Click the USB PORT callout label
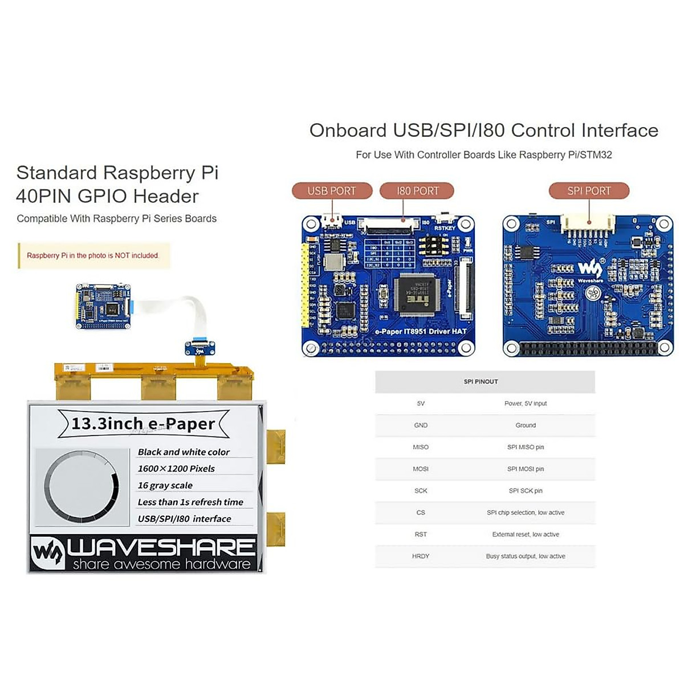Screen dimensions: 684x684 (332, 191)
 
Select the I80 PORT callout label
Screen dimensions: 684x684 (417, 191)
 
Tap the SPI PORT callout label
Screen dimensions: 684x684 (589, 191)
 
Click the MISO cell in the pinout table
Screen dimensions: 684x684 (421, 447)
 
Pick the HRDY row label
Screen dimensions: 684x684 (421, 556)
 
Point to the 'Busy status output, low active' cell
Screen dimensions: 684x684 (526, 556)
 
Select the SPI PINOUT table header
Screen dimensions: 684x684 (481, 381)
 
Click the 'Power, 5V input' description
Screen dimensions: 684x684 (526, 404)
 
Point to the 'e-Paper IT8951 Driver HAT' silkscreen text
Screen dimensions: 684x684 (421, 331)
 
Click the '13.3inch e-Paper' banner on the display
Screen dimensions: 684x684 (143, 424)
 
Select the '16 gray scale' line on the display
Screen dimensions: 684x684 (165, 486)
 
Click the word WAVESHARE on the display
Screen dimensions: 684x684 (161, 547)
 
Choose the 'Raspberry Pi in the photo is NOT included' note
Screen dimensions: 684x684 (92, 255)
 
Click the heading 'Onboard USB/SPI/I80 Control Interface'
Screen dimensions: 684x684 (483, 131)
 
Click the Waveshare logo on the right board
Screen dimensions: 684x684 (590, 269)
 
